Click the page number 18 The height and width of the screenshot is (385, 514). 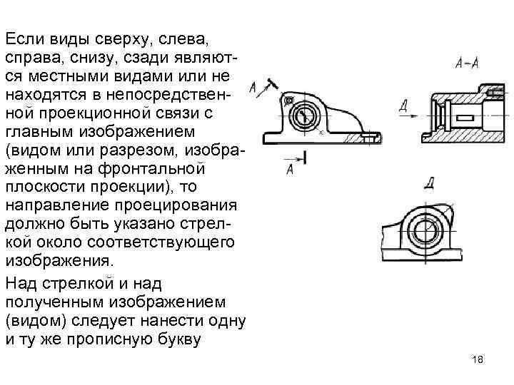(478, 359)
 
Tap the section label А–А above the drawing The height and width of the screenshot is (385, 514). (466, 63)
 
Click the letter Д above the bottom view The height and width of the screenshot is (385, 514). (430, 183)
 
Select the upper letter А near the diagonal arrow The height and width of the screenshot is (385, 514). (253, 88)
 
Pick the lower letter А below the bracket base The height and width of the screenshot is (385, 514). (290, 169)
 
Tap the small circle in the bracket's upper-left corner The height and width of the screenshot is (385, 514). (288, 102)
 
